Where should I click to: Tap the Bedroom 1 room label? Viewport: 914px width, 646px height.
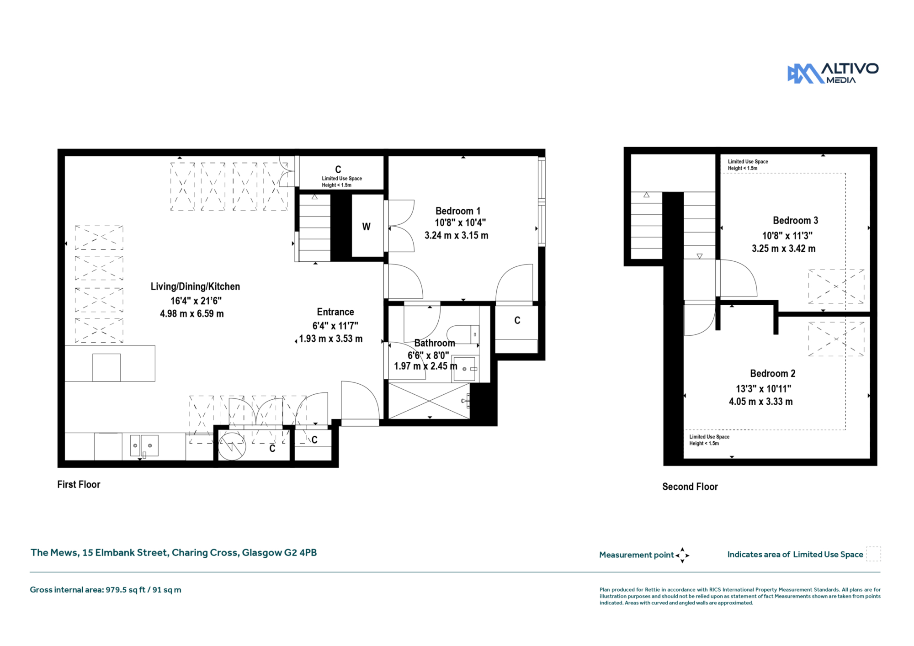pyautogui.click(x=458, y=211)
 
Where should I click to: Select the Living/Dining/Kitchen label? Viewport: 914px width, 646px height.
pyautogui.click(x=195, y=286)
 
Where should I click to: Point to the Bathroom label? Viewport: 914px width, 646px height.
pyautogui.click(x=435, y=343)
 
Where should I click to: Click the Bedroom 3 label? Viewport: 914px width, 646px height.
pyautogui.click(x=795, y=220)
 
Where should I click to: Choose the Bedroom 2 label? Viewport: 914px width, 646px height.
pyautogui.click(x=772, y=373)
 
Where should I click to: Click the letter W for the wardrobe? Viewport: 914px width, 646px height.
pyautogui.click(x=367, y=227)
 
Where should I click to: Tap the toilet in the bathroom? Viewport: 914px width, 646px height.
pyautogui.click(x=462, y=334)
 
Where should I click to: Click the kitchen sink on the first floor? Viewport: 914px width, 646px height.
pyautogui.click(x=144, y=445)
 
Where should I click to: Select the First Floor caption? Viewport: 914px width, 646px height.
pyautogui.click(x=79, y=484)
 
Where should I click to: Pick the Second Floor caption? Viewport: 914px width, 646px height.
pyautogui.click(x=690, y=487)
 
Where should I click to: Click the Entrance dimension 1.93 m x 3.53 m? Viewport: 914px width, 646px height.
pyautogui.click(x=331, y=339)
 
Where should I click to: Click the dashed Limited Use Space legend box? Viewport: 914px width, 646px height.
pyautogui.click(x=873, y=554)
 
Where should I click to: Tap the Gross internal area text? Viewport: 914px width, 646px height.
pyautogui.click(x=106, y=590)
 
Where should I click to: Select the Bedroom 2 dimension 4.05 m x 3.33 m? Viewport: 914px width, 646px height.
pyautogui.click(x=761, y=402)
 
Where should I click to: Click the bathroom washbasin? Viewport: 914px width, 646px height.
pyautogui.click(x=465, y=369)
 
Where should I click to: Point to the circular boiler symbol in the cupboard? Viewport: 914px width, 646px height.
pyautogui.click(x=232, y=446)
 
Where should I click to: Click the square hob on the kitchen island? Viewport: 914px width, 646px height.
pyautogui.click(x=106, y=367)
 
